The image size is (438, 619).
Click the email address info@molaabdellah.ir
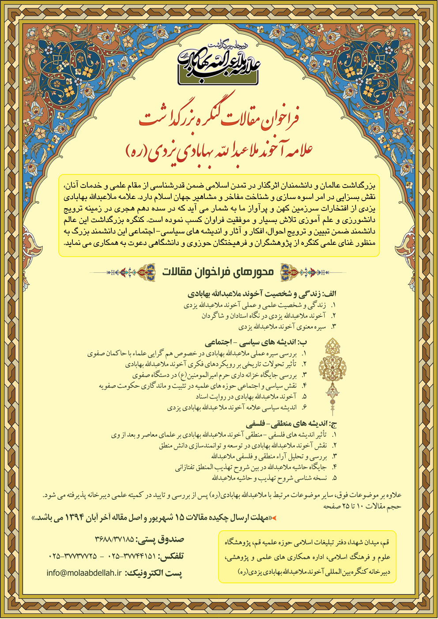click(84, 573)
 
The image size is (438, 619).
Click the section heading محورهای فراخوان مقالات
click(218, 272)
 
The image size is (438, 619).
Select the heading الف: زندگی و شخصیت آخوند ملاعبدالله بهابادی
click(262, 294)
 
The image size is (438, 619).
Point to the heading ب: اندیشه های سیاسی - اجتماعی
click(256, 342)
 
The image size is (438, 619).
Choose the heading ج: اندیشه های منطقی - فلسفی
click(291, 424)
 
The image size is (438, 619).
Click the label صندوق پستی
click(160, 539)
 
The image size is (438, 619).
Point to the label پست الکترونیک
click(154, 573)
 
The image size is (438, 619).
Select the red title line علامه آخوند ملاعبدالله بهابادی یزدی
click(219, 150)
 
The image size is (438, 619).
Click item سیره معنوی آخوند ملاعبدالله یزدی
click(282, 327)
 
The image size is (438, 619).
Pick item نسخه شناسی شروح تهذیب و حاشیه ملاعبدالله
click(269, 478)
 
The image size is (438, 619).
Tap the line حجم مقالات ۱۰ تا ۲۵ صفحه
click(362, 506)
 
